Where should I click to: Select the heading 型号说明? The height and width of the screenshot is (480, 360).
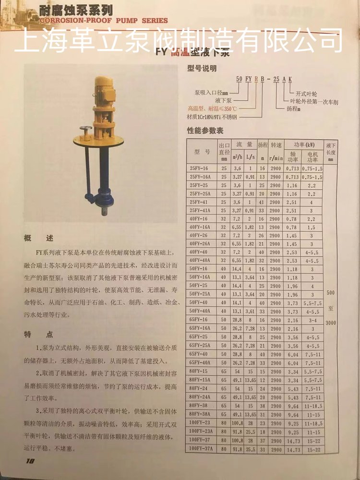[202, 69]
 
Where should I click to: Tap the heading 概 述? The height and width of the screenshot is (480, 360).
[38, 238]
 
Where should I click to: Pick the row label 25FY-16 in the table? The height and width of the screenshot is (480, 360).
[200, 168]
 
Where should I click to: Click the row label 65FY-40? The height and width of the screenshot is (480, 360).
[200, 354]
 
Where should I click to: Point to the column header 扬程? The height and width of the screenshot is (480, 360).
[263, 144]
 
